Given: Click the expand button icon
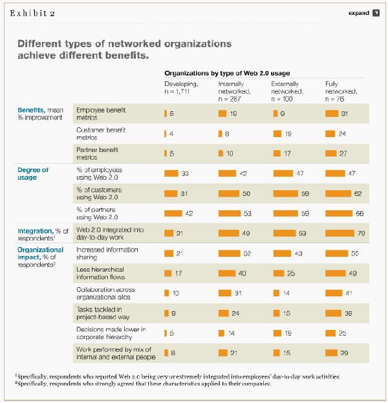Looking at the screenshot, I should click(x=376, y=12).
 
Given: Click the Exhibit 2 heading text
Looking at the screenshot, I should click(x=31, y=12).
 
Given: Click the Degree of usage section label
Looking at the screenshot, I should click(x=32, y=173).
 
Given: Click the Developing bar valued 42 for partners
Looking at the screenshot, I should click(x=173, y=213).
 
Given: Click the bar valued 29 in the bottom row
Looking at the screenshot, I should click(x=331, y=353).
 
